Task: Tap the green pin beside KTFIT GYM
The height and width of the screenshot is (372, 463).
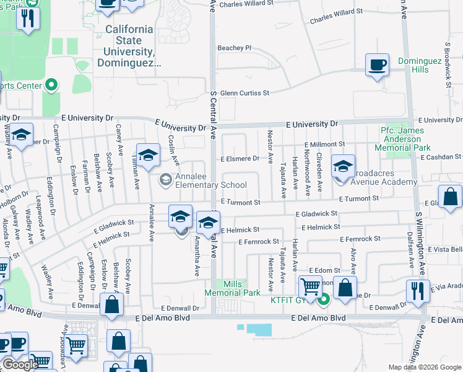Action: click(x=322, y=301)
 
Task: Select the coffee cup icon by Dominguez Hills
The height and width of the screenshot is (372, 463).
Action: click(x=377, y=64)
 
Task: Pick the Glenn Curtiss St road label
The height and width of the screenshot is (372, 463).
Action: click(x=245, y=93)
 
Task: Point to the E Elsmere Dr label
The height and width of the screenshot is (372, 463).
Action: click(x=240, y=159)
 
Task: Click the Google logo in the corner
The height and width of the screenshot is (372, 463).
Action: click(x=20, y=364)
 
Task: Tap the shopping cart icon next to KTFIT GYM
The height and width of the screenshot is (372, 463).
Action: click(x=309, y=286)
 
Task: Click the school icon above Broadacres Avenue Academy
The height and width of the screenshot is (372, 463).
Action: click(x=343, y=166)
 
